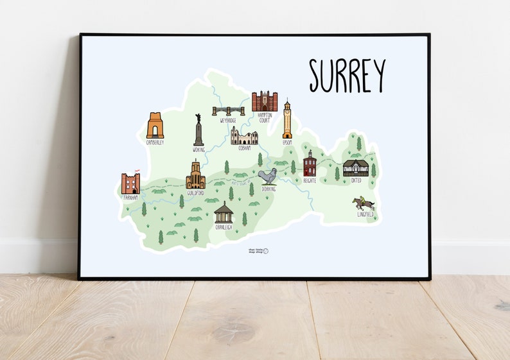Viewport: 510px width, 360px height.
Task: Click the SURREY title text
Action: click(347, 75)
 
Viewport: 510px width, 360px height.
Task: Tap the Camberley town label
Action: click(155, 142)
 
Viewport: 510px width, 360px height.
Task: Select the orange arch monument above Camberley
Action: click(155, 126)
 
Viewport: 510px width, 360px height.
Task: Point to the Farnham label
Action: click(130, 198)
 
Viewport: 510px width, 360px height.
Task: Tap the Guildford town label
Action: click(195, 193)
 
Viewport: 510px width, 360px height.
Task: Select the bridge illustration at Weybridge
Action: click(228, 110)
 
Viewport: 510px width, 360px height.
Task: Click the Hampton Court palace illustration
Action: click(264, 101)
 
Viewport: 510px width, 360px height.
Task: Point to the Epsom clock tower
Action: click(287, 119)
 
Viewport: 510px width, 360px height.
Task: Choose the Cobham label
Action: click(245, 148)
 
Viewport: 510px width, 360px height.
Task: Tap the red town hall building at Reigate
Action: click(310, 165)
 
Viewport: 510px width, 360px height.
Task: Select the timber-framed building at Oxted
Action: click(356, 168)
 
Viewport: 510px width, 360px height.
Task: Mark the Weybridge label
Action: click(229, 120)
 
